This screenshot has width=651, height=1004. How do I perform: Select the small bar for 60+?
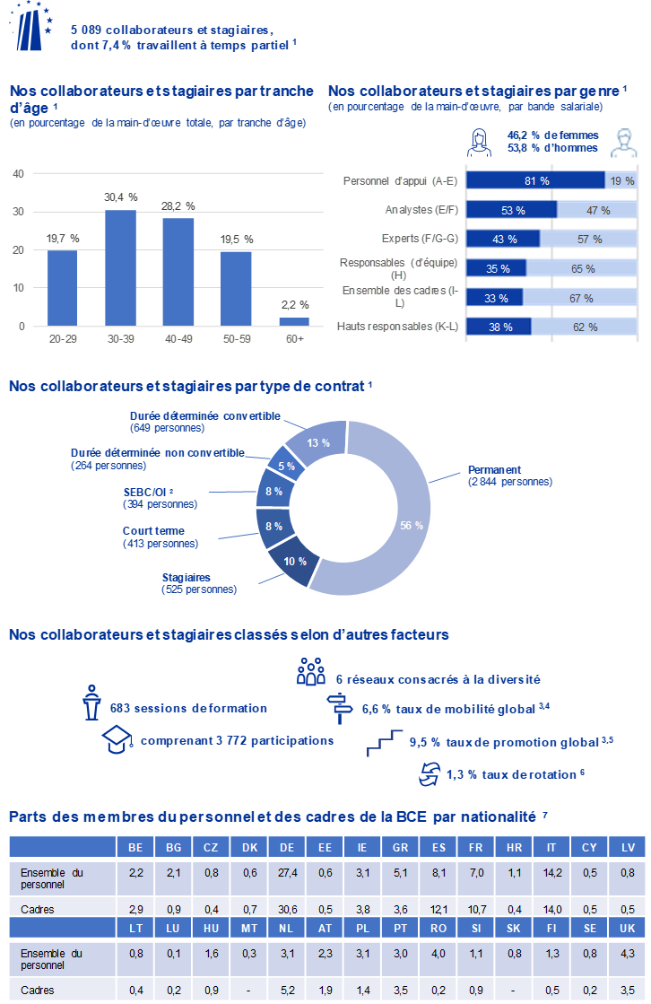[x=294, y=321]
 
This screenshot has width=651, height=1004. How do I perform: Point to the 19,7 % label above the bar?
[x=63, y=239]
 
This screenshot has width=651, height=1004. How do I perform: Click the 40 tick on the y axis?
[x=18, y=174]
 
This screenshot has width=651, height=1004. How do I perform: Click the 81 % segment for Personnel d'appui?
[x=536, y=180]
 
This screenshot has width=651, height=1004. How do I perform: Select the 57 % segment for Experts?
[x=588, y=239]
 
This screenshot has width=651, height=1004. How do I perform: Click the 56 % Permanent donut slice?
[x=412, y=524]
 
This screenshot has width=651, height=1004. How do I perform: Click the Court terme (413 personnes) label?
[x=160, y=537]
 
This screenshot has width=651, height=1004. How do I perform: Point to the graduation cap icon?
[x=117, y=740]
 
